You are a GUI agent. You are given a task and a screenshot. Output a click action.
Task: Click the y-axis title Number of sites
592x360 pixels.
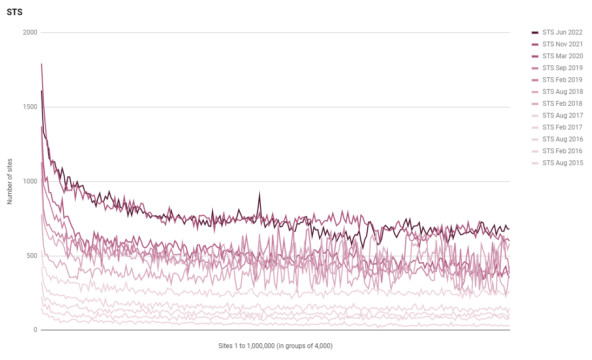point(10,181)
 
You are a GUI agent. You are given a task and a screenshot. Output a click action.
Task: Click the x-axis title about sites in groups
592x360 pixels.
point(275,345)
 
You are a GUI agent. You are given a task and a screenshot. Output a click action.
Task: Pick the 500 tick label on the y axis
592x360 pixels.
point(32,256)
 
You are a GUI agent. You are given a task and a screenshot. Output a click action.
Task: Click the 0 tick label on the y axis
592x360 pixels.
point(35,330)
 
